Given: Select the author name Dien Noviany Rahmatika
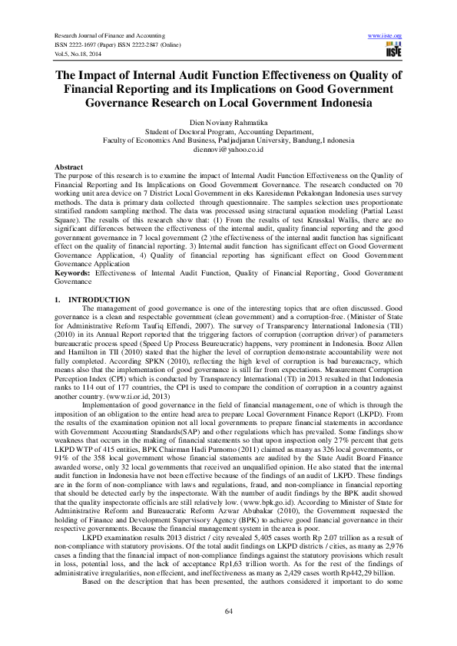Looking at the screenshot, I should [x=228, y=122].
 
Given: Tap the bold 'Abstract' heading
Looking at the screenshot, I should [x=69, y=166].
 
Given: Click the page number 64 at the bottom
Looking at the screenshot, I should [x=228, y=610].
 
